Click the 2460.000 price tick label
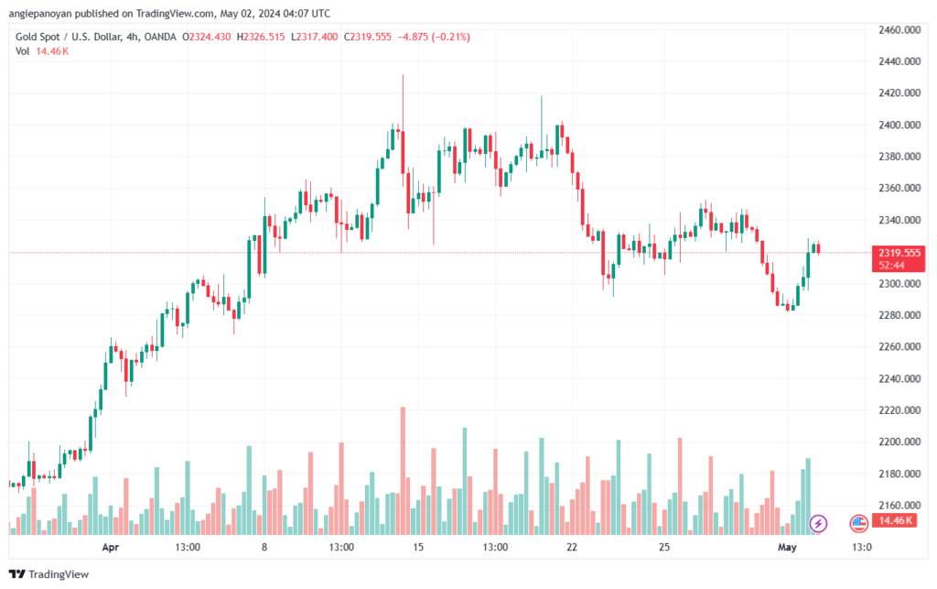coord(899,30)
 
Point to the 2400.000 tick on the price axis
coord(899,125)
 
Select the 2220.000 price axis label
coord(899,410)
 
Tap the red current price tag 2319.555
coord(899,258)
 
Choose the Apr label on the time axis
coord(111,547)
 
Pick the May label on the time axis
coord(787,547)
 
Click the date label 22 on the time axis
coord(572,547)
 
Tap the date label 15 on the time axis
coord(417,547)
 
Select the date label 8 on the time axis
coord(264,547)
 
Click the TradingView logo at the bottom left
coord(49,574)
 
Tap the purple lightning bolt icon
coord(818,524)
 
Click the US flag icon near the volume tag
coord(858,524)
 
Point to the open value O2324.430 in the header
coord(206,37)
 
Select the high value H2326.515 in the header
coord(261,37)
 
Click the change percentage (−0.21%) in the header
coord(451,37)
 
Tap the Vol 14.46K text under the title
coord(42,51)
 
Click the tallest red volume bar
coord(403,471)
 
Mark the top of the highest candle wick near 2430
coord(403,75)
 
